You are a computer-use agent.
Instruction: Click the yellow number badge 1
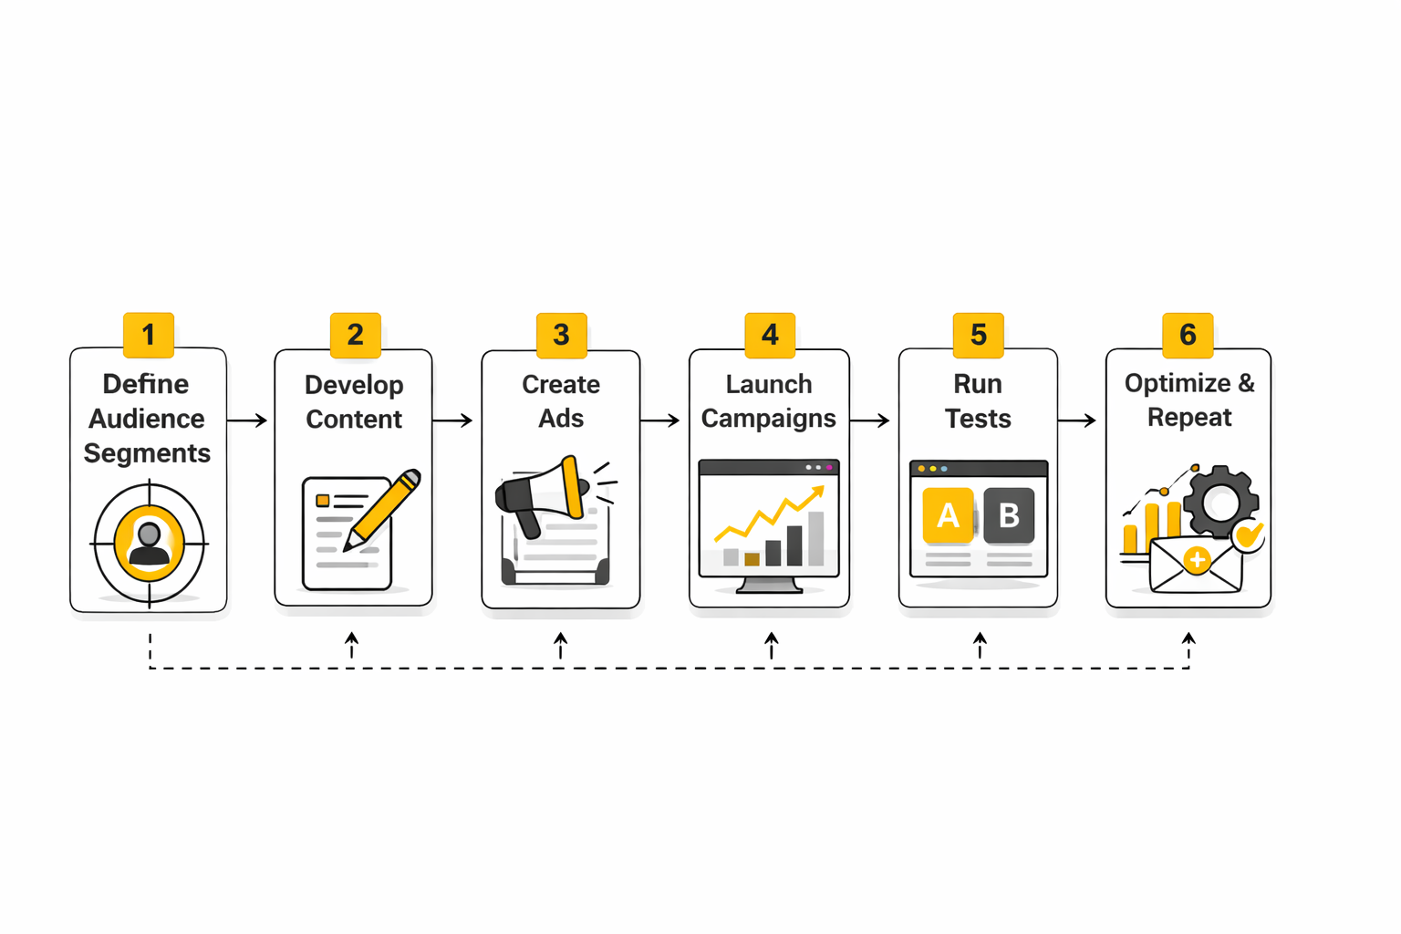click(149, 335)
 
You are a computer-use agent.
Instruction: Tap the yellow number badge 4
click(770, 335)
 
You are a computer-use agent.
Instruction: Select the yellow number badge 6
click(1188, 335)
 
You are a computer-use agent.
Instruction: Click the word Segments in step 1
click(147, 453)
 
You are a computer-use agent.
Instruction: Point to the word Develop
click(354, 385)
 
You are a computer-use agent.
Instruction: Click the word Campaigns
click(768, 419)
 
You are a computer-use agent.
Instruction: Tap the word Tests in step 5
click(978, 419)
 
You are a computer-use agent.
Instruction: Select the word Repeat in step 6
click(1188, 418)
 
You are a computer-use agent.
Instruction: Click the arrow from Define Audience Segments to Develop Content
click(247, 420)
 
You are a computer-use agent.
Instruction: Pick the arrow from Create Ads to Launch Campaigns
click(660, 420)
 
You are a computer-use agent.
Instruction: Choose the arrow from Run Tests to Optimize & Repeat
click(1077, 420)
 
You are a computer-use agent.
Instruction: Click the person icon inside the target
click(149, 544)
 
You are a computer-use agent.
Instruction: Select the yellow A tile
click(948, 516)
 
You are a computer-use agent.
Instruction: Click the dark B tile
click(1009, 516)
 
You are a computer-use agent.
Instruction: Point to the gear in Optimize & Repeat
click(1220, 501)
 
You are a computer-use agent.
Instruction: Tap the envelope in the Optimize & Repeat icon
click(1195, 565)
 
